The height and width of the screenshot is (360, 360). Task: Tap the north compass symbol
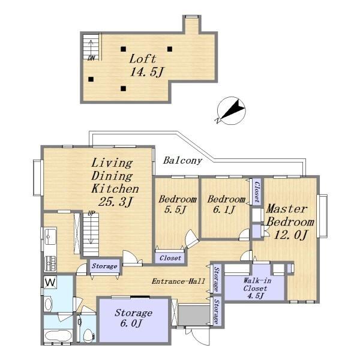(231, 110)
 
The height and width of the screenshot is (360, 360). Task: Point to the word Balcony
(182, 160)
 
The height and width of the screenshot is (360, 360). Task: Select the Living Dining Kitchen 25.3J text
(115, 182)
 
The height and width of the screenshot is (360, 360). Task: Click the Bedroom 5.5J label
(177, 204)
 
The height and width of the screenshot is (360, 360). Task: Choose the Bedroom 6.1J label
(226, 204)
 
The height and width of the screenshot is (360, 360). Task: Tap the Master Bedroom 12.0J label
(290, 222)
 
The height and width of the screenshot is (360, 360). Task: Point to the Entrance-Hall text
(178, 281)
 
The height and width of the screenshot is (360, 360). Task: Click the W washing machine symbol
(50, 282)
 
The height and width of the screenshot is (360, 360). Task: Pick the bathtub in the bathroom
(58, 335)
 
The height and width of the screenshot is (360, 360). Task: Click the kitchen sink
(50, 236)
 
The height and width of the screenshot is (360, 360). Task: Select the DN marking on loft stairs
(91, 58)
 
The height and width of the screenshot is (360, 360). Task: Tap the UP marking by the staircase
(91, 214)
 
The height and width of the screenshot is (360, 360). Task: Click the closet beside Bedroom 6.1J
(257, 191)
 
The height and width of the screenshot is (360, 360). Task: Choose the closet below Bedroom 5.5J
(170, 258)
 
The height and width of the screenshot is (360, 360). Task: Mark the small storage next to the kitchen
(104, 266)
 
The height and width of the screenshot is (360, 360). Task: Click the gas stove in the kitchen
(50, 263)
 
